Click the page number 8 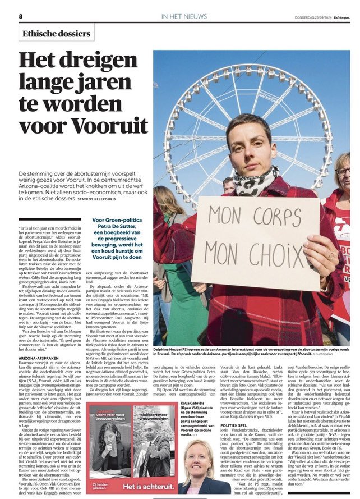point(21,16)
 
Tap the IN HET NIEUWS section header point(185,17)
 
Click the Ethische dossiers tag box point(57,33)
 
